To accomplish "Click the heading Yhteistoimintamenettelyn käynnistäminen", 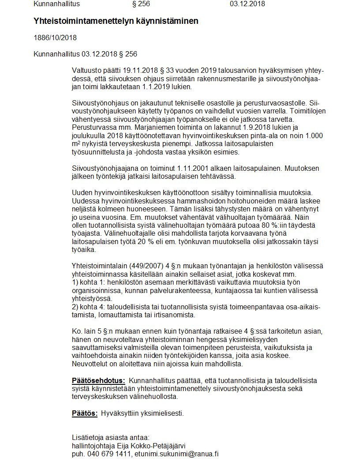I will click(x=116, y=21).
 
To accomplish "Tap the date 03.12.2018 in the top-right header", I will click(x=247, y=4).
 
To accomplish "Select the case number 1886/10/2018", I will click(x=55, y=38).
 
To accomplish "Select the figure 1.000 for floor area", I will click(x=315, y=135).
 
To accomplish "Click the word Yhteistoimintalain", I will click(x=100, y=265).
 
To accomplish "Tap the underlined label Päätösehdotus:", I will click(x=98, y=380).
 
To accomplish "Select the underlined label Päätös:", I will click(x=84, y=413).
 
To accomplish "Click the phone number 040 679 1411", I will click(x=108, y=454).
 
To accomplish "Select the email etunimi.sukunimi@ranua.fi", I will click(x=177, y=454).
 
